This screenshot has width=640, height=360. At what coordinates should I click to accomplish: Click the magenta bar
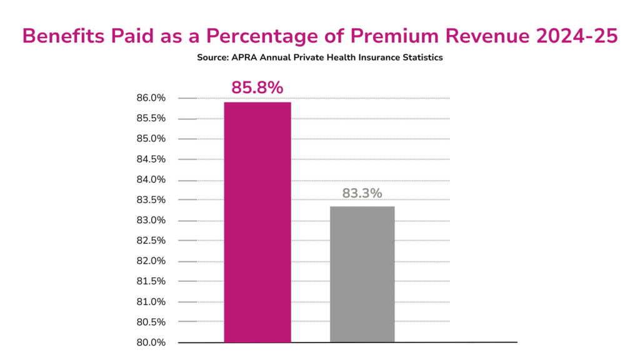tap(257, 222)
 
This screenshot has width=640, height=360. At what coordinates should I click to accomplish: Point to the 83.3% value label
tap(362, 193)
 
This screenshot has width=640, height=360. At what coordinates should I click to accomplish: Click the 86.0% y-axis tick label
tap(151, 98)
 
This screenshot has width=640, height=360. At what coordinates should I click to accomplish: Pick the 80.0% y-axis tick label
tap(151, 342)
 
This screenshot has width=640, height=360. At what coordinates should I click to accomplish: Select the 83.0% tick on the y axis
tap(151, 220)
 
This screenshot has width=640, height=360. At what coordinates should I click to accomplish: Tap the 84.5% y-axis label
tap(151, 159)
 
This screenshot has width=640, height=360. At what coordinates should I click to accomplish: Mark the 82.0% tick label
tap(151, 261)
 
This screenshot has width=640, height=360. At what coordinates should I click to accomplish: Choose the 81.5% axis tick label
tap(151, 281)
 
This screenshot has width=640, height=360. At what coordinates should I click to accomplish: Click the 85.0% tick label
tap(151, 139)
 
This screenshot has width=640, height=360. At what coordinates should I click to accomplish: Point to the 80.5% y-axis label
tap(151, 322)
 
